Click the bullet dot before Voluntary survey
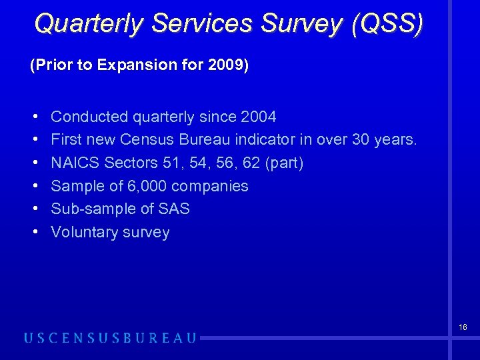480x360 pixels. pos(34,232)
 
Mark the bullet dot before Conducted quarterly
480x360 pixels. pos(34,117)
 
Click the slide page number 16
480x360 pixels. pos(462,327)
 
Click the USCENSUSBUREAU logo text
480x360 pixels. pos(111,338)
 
